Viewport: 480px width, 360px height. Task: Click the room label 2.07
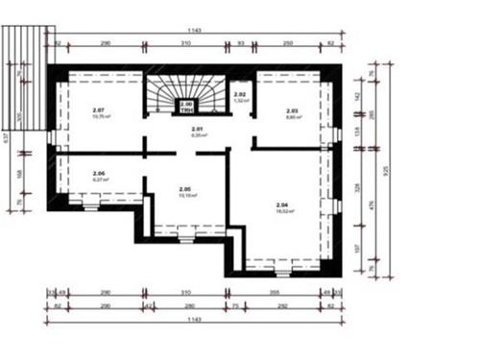pos(99,110)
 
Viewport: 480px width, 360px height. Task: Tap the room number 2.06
pos(98,174)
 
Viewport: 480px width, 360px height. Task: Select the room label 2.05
pos(185,188)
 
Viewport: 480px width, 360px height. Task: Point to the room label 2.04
pos(282,205)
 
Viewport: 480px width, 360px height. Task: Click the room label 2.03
pos(293,111)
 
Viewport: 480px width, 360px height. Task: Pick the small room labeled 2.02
pos(241,95)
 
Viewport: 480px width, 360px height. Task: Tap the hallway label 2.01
pos(199,130)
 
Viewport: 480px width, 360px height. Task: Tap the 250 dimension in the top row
pos(287,45)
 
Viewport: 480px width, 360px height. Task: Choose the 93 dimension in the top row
pos(241,45)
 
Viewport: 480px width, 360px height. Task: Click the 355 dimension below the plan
pos(274,292)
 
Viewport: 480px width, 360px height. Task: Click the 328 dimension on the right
pos(356,187)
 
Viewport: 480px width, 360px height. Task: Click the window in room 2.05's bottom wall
pos(184,230)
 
